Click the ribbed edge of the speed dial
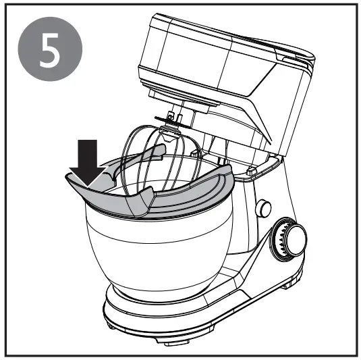pos(278,243)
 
